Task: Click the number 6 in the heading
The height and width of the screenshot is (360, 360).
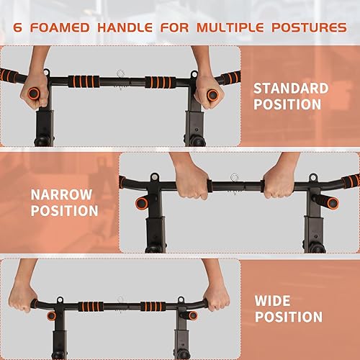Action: (19, 27)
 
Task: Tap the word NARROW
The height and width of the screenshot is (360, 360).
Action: (61, 194)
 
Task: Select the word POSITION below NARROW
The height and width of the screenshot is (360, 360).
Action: (64, 211)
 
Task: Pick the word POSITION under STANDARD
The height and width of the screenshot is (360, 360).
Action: (287, 105)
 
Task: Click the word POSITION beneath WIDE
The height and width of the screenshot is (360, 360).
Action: (288, 317)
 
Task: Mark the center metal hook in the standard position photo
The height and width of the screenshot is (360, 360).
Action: (120, 73)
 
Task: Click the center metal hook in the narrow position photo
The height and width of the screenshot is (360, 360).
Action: (234, 179)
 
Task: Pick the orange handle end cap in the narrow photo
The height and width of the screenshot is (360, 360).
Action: (142, 203)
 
